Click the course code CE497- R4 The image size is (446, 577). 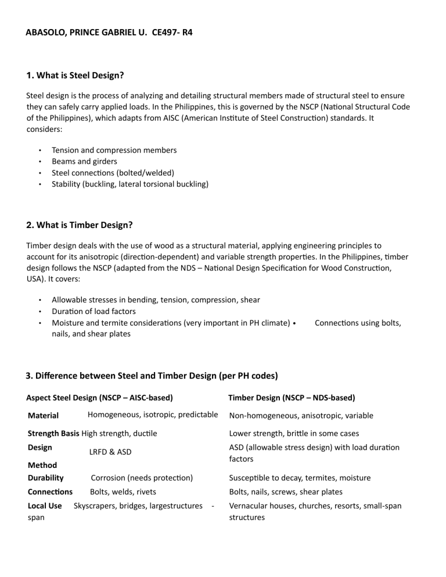pos(172,33)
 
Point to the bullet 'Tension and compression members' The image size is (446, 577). pos(114,150)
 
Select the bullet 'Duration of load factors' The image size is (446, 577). pos(93,311)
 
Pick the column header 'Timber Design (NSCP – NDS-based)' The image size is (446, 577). pos(292,398)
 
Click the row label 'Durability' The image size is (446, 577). pos(46,478)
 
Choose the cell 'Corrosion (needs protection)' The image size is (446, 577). pos(142,478)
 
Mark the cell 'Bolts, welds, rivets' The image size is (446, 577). pos(123,492)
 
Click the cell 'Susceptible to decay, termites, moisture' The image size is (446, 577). pos(308,478)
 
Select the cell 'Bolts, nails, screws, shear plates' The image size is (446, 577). pos(286,492)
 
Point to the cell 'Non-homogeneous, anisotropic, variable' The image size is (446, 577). pos(301,416)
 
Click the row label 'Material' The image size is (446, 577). pos(44,416)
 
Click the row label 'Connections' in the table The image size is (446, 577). pos(51,492)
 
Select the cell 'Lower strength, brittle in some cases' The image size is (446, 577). pos(294,433)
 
